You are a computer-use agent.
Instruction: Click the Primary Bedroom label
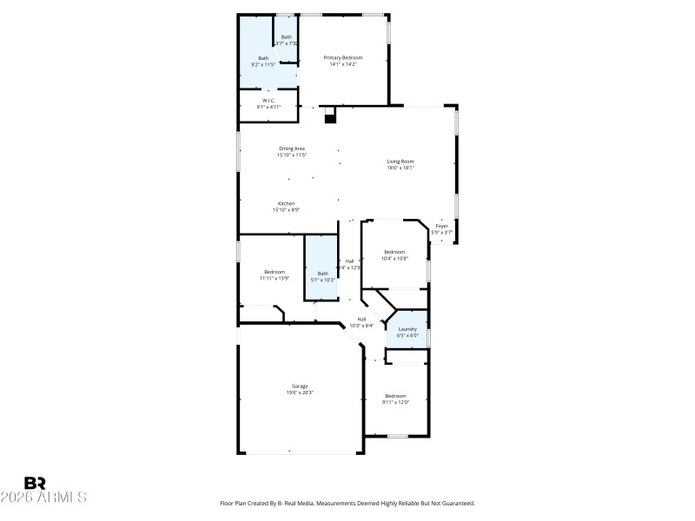point(343,57)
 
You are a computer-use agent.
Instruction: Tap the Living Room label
point(400,162)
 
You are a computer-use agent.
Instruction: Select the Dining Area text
point(292,148)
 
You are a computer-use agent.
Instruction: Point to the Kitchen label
point(286,203)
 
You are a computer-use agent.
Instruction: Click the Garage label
point(300,386)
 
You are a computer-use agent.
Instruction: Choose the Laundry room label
point(407,329)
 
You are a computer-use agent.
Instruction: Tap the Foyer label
point(442,226)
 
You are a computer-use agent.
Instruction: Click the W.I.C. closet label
point(268,101)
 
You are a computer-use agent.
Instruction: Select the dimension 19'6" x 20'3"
point(300,392)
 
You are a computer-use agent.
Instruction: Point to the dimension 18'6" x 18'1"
point(400,168)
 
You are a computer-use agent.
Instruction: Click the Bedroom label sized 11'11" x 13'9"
point(275,272)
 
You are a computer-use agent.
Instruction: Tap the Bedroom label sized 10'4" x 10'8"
point(395,252)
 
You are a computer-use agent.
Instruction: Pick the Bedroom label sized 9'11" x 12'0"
point(395,396)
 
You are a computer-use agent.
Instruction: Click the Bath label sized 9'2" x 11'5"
point(263,58)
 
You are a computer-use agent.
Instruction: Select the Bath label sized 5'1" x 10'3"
point(322,274)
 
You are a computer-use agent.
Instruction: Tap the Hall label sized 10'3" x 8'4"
point(361,319)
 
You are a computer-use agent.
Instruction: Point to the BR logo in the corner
point(35,483)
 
